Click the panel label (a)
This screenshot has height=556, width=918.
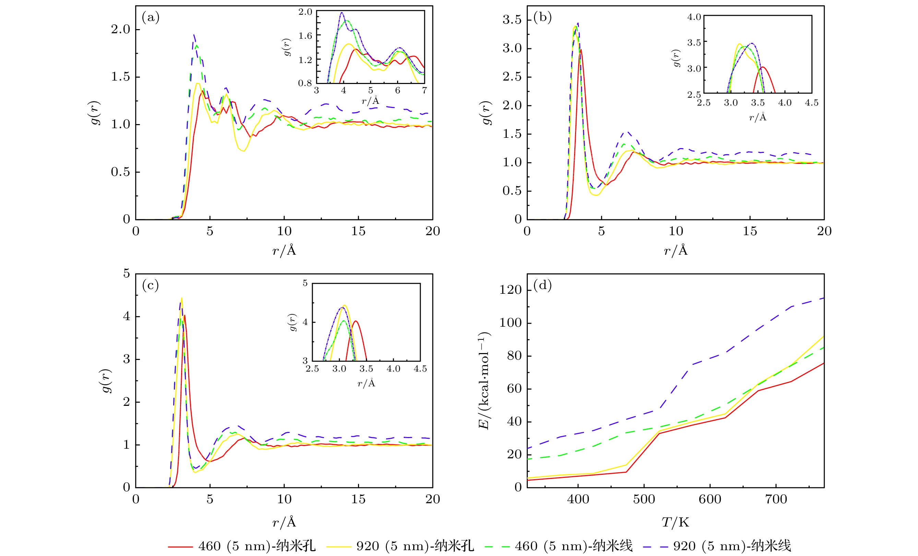[x=151, y=17]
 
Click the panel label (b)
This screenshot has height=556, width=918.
[x=542, y=17]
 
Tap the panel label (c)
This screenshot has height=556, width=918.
[x=151, y=285]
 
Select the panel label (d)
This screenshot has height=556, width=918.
[x=542, y=285]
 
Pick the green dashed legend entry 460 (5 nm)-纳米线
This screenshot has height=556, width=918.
[x=559, y=546]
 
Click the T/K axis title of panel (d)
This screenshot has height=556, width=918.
[x=675, y=522]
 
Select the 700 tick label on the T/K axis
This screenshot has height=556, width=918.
[x=776, y=499]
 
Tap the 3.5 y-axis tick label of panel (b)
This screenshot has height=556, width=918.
[x=512, y=20]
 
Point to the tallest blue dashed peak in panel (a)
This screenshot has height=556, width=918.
[x=194, y=35]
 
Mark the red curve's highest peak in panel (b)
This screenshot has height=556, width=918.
[x=581, y=49]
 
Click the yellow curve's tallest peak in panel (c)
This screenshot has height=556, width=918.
[x=181, y=298]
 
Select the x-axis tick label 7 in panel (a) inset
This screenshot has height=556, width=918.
[x=424, y=90]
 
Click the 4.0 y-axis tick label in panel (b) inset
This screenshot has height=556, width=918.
[x=694, y=17]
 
